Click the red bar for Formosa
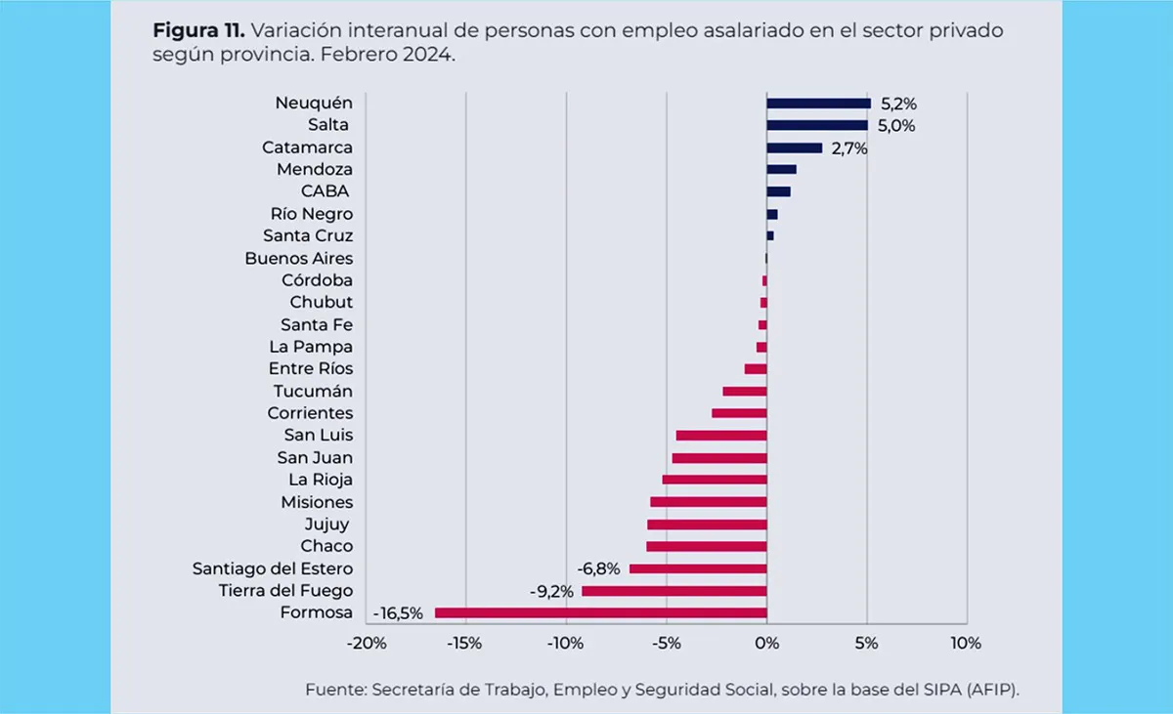[600, 613]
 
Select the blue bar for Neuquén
[818, 103]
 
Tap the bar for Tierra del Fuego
[673, 591]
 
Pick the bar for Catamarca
[794, 147]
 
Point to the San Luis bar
[721, 436]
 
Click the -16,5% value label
[399, 613]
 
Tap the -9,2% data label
[551, 591]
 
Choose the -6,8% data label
[598, 568]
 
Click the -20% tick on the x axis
[366, 644]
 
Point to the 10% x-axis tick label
[965, 644]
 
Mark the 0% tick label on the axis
[766, 644]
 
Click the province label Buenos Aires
[299, 259]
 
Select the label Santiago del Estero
[273, 568]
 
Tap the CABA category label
[326, 191]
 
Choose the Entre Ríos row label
[311, 369]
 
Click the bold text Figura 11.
[197, 30]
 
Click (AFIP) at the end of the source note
[992, 690]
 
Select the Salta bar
[817, 125]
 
